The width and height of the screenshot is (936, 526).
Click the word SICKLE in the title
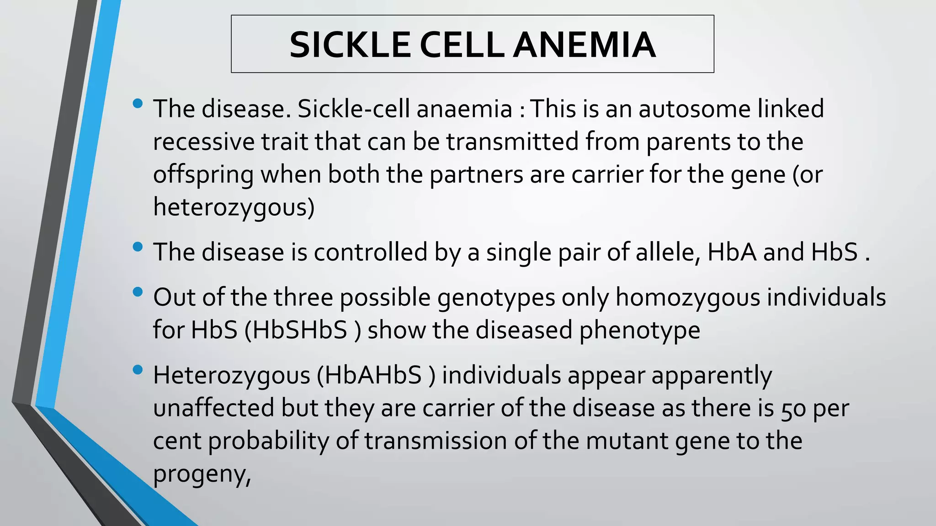pos(350,45)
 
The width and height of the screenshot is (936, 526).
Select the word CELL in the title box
pos(461,45)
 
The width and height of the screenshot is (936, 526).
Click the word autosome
pos(694,109)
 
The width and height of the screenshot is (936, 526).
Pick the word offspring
pos(203,175)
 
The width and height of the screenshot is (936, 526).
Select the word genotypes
pos(496,297)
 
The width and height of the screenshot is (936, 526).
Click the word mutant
pos(627,441)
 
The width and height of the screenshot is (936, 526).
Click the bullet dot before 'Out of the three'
pos(137,292)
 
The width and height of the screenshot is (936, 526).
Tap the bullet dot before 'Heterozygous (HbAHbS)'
pos(137,369)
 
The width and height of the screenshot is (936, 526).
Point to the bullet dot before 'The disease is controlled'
pos(137,247)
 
